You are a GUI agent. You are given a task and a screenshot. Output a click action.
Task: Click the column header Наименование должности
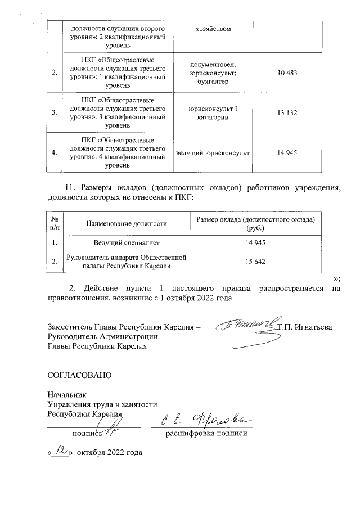127,223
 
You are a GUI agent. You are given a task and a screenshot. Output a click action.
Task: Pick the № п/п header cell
55,223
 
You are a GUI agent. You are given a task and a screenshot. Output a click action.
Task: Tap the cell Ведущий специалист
127,242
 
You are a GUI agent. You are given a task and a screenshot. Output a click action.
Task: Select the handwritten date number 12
60,450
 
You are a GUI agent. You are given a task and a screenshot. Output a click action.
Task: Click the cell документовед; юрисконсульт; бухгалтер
213,73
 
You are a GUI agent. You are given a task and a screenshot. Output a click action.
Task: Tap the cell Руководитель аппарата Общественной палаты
127,262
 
